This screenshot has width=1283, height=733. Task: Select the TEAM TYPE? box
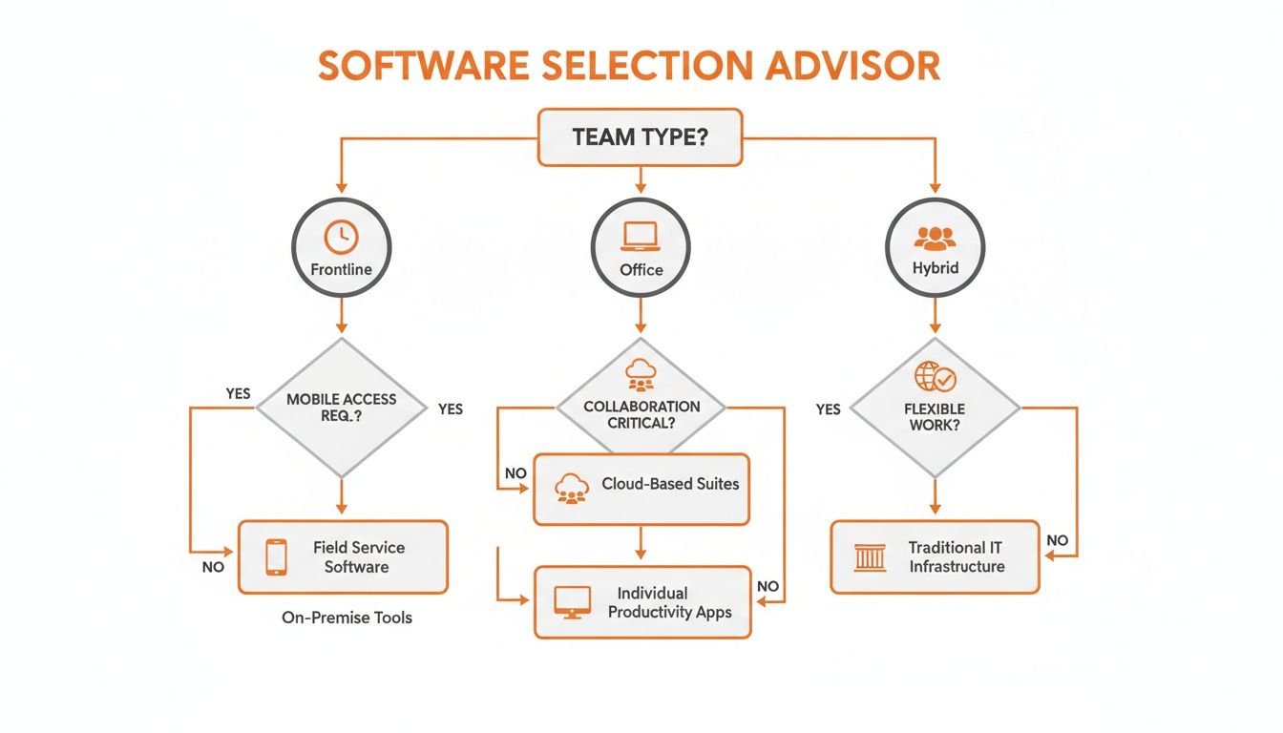click(640, 137)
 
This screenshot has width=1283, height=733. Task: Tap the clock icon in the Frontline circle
click(341, 235)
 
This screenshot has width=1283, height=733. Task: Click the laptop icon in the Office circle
click(641, 235)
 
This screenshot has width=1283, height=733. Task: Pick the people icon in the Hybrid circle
click(935, 237)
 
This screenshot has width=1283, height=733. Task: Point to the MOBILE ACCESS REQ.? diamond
click(341, 408)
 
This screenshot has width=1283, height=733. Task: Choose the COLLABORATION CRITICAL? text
click(641, 413)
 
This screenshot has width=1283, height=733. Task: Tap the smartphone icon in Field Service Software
click(276, 556)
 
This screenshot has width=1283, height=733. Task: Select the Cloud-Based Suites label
click(670, 484)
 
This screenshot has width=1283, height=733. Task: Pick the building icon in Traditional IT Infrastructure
click(870, 556)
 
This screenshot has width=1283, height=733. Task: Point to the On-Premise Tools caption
click(347, 618)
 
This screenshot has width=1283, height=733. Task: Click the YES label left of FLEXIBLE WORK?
click(828, 408)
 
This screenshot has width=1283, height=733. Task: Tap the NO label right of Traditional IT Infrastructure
click(1057, 540)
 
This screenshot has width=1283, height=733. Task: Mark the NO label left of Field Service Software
click(213, 567)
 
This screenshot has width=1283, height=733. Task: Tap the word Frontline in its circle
click(341, 269)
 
